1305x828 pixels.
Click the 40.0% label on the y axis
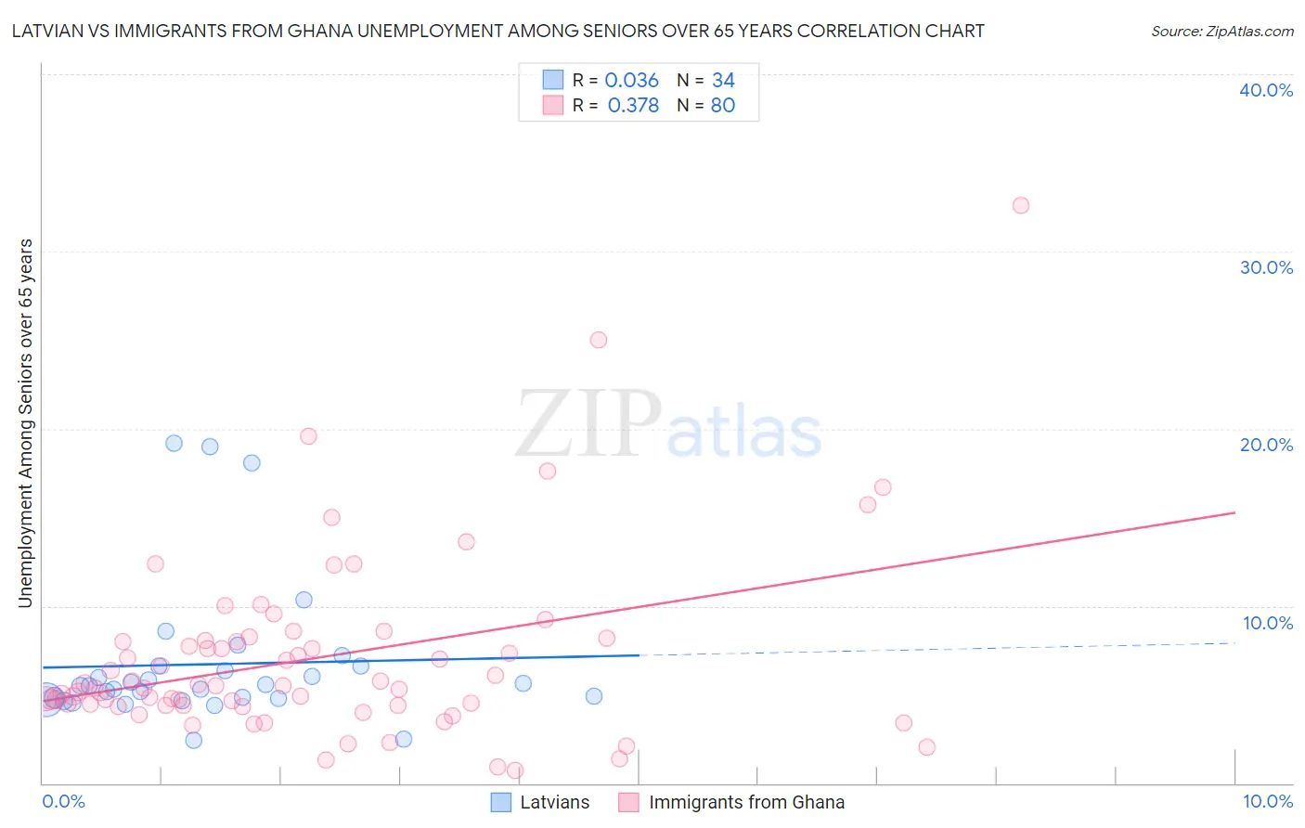[1266, 90]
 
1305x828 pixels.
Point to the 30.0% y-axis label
[1266, 267]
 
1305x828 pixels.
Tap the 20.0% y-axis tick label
[1266, 445]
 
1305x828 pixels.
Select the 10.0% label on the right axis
[1268, 623]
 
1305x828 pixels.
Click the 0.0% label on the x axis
[63, 801]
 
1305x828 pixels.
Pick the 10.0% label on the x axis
[1267, 801]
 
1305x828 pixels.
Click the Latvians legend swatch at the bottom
[501, 802]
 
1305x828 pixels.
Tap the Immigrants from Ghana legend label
[746, 802]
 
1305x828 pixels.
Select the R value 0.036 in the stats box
[631, 81]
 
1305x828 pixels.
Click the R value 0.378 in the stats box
[633, 106]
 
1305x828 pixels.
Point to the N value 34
[723, 81]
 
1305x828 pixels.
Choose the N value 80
[722, 106]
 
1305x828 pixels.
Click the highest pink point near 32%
[1021, 205]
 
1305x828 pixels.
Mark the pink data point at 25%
[599, 340]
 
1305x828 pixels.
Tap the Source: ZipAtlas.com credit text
[1221, 31]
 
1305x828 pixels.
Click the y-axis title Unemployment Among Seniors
[25, 423]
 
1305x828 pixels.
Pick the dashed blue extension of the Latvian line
[937, 649]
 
